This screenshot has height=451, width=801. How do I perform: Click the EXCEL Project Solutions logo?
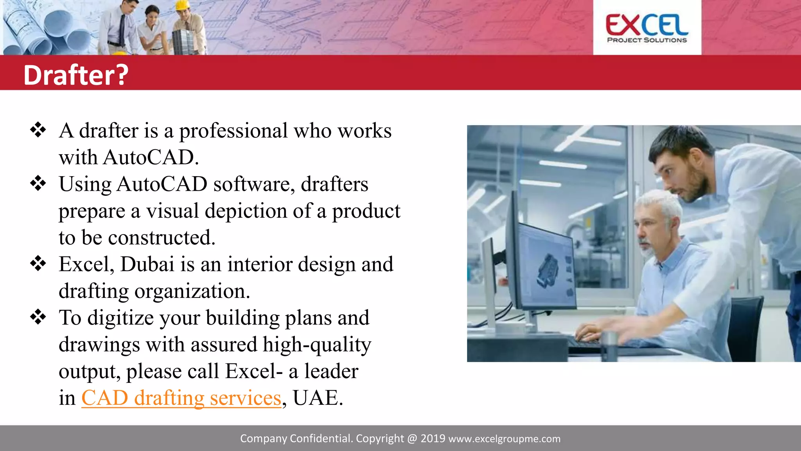point(647,28)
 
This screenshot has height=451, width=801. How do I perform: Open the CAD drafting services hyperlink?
point(181,398)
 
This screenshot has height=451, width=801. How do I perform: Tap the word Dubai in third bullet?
point(147,264)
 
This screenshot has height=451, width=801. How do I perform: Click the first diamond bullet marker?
point(38,130)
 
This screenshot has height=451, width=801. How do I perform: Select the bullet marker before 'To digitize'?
point(38,317)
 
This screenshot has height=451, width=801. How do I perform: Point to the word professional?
point(233,131)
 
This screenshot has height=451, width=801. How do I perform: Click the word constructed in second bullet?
point(161,238)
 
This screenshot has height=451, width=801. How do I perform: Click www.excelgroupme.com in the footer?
point(504,439)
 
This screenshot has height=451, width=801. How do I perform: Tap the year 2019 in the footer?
point(433,438)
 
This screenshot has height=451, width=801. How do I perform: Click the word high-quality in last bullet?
point(317,345)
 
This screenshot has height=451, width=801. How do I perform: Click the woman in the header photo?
point(153,29)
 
